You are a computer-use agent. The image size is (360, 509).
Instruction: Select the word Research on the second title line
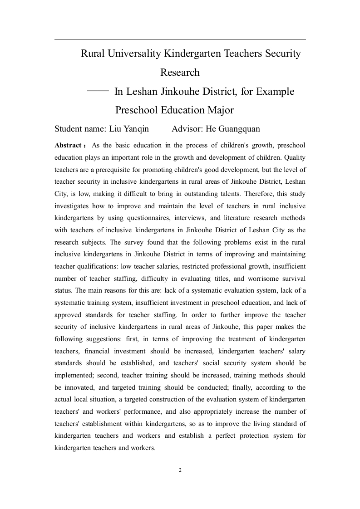(180, 73)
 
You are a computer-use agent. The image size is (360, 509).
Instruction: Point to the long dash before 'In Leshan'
(98, 91)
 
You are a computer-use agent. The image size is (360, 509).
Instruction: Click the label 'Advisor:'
(187, 129)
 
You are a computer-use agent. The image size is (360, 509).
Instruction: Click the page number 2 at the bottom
(180, 470)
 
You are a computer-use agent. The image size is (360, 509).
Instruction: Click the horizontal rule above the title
(180, 39)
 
